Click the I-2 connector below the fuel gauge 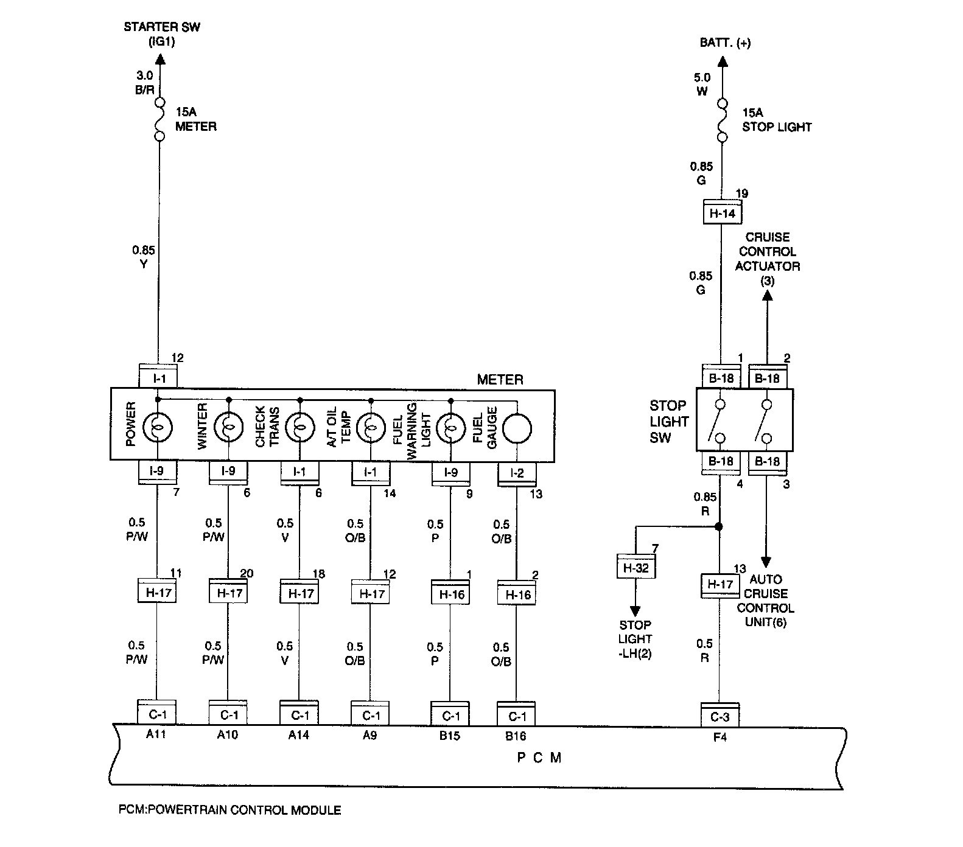[x=517, y=473]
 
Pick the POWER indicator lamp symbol [x=158, y=428]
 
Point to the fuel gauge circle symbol [x=516, y=428]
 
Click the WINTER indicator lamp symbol [x=228, y=428]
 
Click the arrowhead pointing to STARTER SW [x=159, y=59]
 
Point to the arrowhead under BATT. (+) [x=722, y=61]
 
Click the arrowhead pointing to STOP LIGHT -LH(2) [x=636, y=611]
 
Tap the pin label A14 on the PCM [x=298, y=735]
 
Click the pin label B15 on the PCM [x=449, y=736]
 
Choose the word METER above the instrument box [x=500, y=380]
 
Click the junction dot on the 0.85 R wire [x=719, y=526]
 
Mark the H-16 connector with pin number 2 [x=517, y=593]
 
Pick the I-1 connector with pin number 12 [x=158, y=377]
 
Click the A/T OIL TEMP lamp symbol [x=371, y=428]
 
